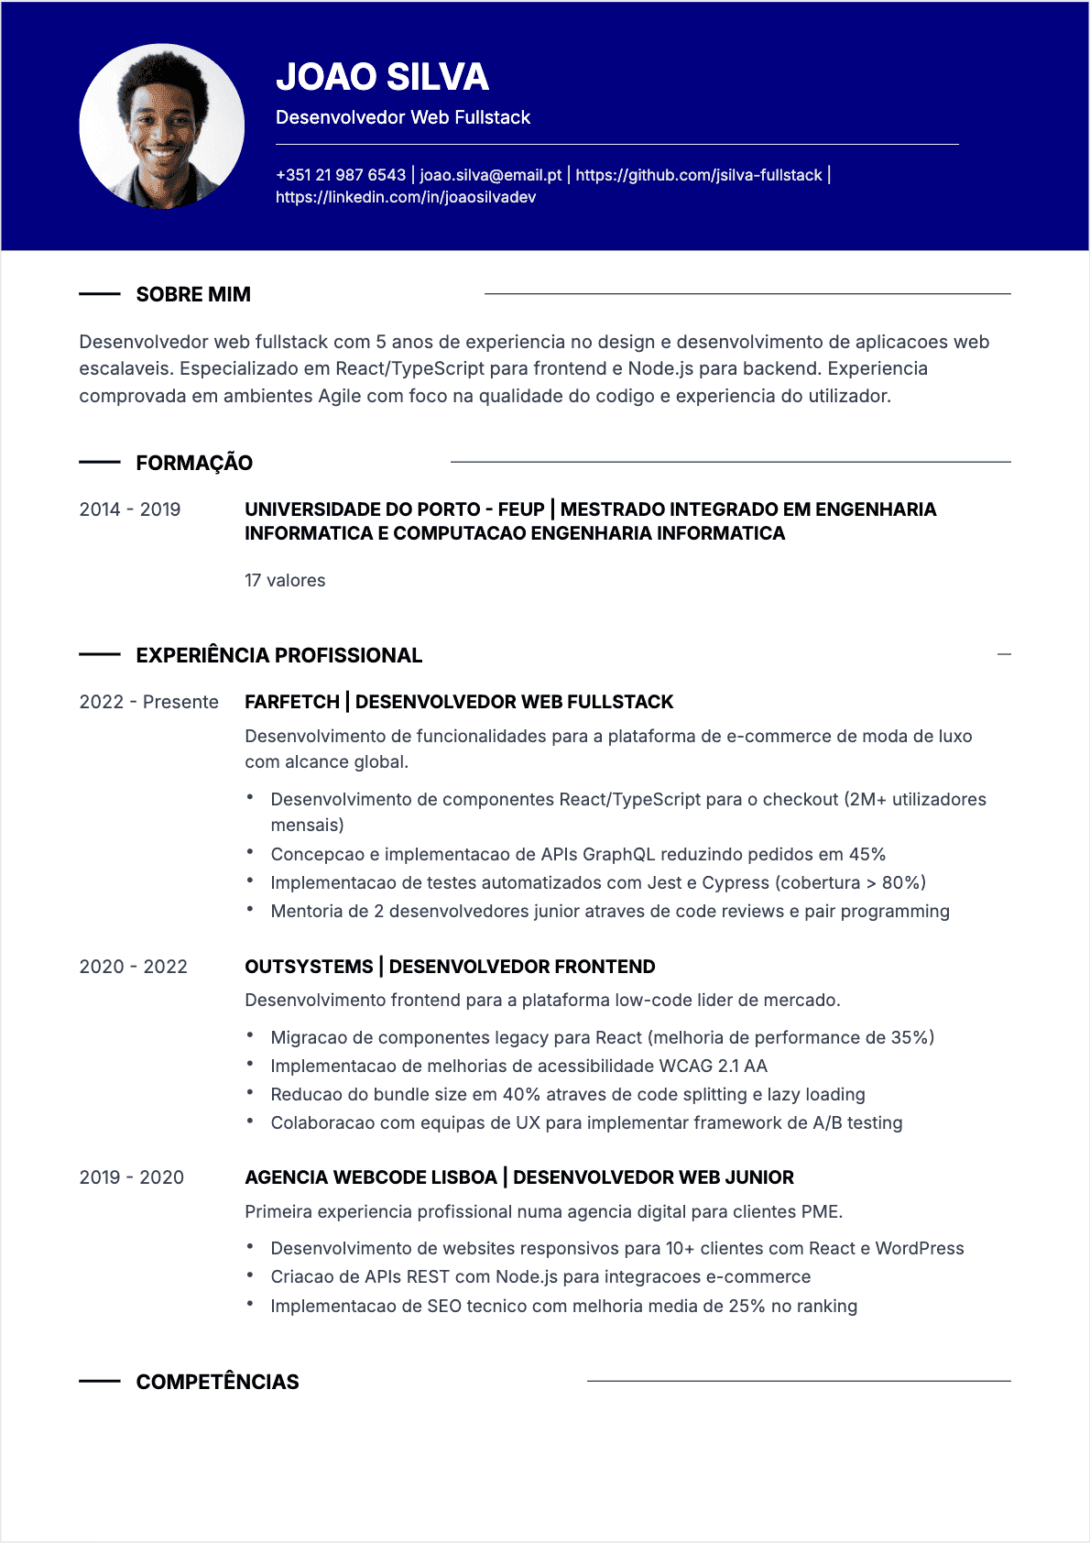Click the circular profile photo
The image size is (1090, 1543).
pyautogui.click(x=161, y=126)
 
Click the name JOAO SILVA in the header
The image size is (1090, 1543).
pyautogui.click(x=382, y=77)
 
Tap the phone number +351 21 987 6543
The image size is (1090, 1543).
pyautogui.click(x=340, y=175)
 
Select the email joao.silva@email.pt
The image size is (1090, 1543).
pyautogui.click(x=490, y=175)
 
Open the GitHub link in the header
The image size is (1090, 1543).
pyautogui.click(x=698, y=175)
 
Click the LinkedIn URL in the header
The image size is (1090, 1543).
pyautogui.click(x=405, y=197)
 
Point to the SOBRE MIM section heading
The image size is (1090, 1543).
pyautogui.click(x=193, y=295)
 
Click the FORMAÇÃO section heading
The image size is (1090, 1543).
pyautogui.click(x=194, y=463)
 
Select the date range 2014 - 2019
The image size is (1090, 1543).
pyautogui.click(x=129, y=509)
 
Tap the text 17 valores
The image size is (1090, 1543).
pyautogui.click(x=285, y=581)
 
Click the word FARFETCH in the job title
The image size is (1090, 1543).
pyautogui.click(x=291, y=702)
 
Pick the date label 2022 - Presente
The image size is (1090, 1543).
pyautogui.click(x=148, y=702)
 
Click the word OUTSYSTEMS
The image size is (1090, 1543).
pyautogui.click(x=309, y=967)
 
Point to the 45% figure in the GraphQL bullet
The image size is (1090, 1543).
pyautogui.click(x=867, y=855)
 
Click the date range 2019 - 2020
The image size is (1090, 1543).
pyautogui.click(x=131, y=1177)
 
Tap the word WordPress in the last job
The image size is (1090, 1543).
pyautogui.click(x=919, y=1249)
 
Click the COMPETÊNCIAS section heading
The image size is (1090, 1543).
pyautogui.click(x=217, y=1382)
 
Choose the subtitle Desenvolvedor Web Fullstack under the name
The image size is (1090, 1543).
pyautogui.click(x=403, y=117)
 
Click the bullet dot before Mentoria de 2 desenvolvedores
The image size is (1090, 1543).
pyautogui.click(x=250, y=910)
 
